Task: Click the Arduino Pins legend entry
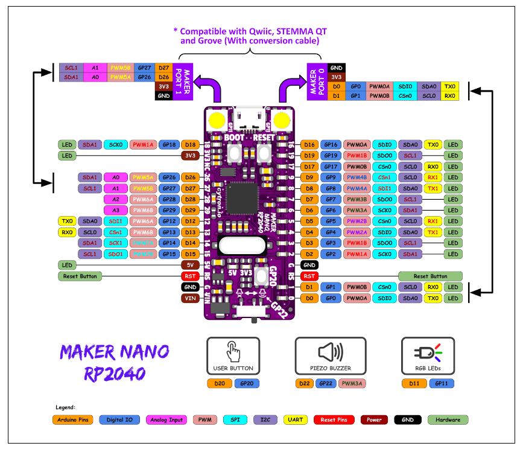tap(72, 419)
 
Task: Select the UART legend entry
tap(295, 419)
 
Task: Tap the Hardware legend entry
tap(448, 419)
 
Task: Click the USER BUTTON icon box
tap(233, 355)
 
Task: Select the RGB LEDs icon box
tap(428, 355)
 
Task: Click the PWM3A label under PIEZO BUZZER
tap(352, 383)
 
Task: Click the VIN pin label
tap(190, 298)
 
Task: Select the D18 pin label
tap(190, 145)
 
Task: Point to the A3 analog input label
tap(115, 210)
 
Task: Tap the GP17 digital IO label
tap(330, 167)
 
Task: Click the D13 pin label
tap(190, 232)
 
